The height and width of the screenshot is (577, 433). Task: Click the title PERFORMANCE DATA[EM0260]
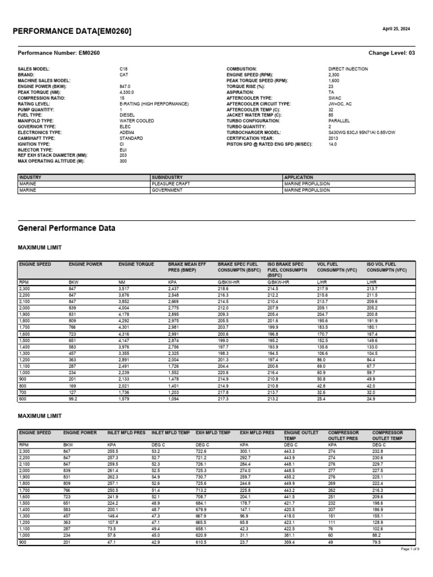point(72,31)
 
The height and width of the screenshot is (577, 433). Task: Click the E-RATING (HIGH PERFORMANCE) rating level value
point(154,104)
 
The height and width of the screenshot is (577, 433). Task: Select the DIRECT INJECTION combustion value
point(348,69)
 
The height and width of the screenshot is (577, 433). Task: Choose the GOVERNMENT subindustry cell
point(167,190)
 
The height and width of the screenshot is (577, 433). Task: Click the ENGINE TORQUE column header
point(136,264)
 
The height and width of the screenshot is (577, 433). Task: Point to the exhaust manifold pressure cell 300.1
point(245,451)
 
